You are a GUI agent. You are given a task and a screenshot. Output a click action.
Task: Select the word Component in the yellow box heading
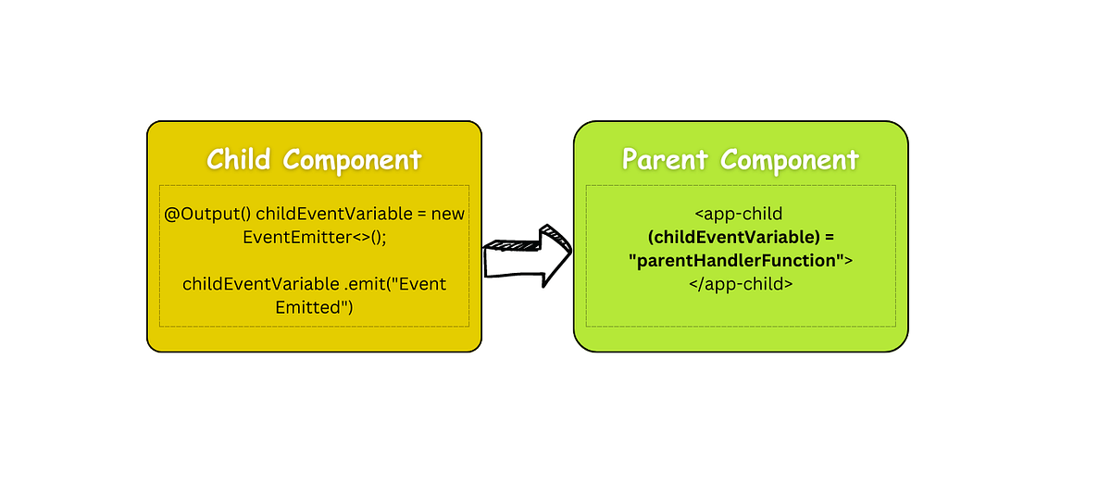352,160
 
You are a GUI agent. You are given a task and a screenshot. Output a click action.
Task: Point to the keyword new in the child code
448,214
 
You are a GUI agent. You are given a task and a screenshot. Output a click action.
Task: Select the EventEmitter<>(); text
314,237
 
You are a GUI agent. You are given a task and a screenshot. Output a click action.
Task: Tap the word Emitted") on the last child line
315,307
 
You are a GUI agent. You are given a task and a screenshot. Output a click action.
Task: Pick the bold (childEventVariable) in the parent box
728,238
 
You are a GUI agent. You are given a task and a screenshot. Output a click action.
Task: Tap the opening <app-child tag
740,214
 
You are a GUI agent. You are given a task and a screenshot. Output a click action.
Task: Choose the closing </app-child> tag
740,284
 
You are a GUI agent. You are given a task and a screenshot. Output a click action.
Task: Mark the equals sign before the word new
421,214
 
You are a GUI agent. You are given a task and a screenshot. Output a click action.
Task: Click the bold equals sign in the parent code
830,238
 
